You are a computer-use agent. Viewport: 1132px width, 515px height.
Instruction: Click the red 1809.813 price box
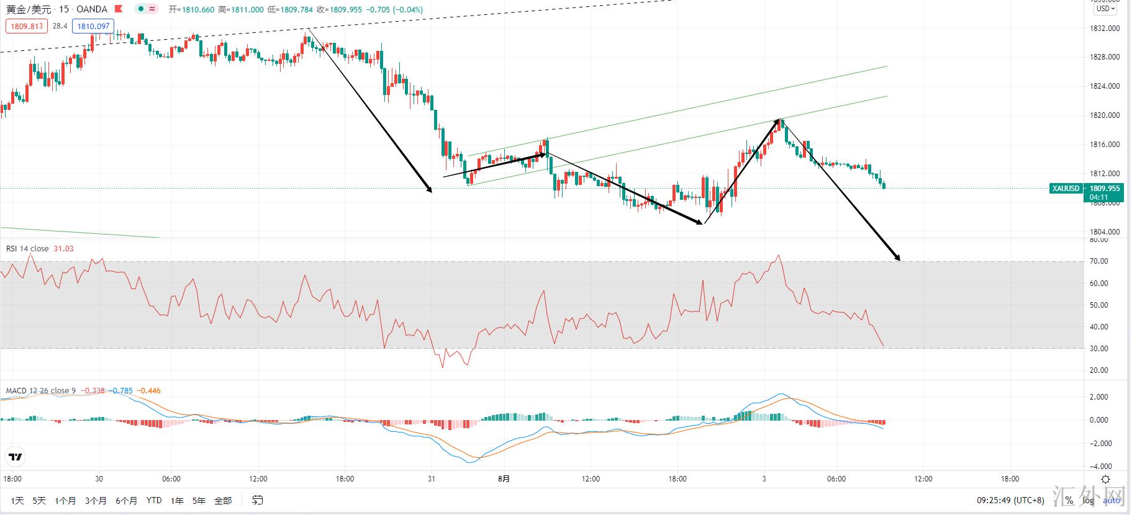(27, 26)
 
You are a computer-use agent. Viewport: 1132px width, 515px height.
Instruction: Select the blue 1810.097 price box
(93, 26)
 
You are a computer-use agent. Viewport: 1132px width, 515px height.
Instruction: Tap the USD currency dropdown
(1105, 9)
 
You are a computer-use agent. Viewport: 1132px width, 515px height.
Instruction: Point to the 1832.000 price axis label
(1105, 29)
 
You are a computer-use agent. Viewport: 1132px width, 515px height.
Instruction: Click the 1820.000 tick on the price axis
(1105, 115)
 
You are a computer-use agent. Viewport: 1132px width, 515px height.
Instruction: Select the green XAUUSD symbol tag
(1066, 189)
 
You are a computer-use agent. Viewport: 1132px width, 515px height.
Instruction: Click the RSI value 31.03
(63, 249)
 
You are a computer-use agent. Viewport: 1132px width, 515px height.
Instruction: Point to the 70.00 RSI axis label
(1098, 261)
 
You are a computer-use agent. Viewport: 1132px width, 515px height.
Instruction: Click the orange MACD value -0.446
(149, 391)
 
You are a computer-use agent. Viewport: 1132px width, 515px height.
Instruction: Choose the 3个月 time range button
(96, 500)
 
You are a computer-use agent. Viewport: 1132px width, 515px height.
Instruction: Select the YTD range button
(154, 500)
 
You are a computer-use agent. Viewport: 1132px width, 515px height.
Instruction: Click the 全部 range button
(222, 500)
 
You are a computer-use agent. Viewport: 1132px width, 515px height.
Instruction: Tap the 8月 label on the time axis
(504, 478)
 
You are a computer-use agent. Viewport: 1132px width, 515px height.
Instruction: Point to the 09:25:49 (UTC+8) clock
(1010, 500)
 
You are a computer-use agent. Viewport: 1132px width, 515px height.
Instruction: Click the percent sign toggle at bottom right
(1069, 500)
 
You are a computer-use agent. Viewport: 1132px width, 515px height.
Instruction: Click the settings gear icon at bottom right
(1105, 479)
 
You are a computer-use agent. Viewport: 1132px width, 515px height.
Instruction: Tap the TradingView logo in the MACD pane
(16, 457)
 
